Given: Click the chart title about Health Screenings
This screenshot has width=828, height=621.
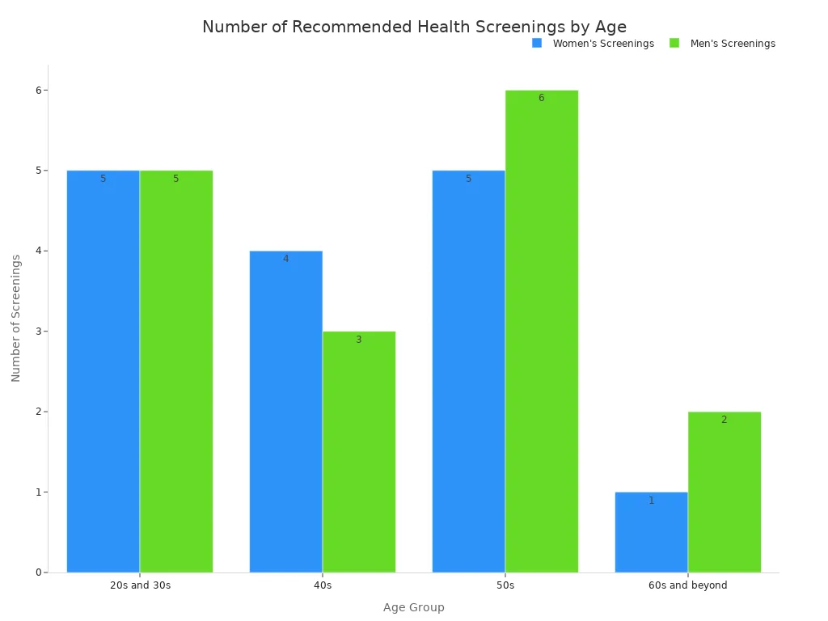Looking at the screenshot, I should tap(414, 27).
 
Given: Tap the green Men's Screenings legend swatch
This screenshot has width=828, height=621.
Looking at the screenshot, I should tap(674, 43).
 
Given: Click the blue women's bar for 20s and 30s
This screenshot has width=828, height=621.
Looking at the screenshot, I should tap(103, 371).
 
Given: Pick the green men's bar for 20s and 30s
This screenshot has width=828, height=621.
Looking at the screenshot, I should tap(176, 371).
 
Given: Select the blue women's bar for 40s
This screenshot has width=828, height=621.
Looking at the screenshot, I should tap(286, 412).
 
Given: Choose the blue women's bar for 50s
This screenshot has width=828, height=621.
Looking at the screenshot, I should tap(469, 371).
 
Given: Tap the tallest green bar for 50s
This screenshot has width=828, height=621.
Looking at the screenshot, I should tap(542, 332).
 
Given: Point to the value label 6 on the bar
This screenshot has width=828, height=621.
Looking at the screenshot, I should tap(542, 98).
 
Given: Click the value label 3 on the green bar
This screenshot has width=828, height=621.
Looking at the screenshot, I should tap(359, 340).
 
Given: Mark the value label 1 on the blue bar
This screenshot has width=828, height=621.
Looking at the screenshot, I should tap(652, 501).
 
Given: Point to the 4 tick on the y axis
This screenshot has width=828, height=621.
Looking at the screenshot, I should tap(37, 251).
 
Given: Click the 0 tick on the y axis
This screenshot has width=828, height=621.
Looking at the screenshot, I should tap(37, 572).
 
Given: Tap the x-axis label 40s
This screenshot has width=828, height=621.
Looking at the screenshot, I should tap(323, 585).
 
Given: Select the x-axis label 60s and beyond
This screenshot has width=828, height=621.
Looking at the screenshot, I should tap(688, 585).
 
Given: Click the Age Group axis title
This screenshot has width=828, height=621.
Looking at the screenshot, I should tap(414, 607).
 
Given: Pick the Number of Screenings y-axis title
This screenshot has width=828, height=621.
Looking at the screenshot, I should tap(16, 318).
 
